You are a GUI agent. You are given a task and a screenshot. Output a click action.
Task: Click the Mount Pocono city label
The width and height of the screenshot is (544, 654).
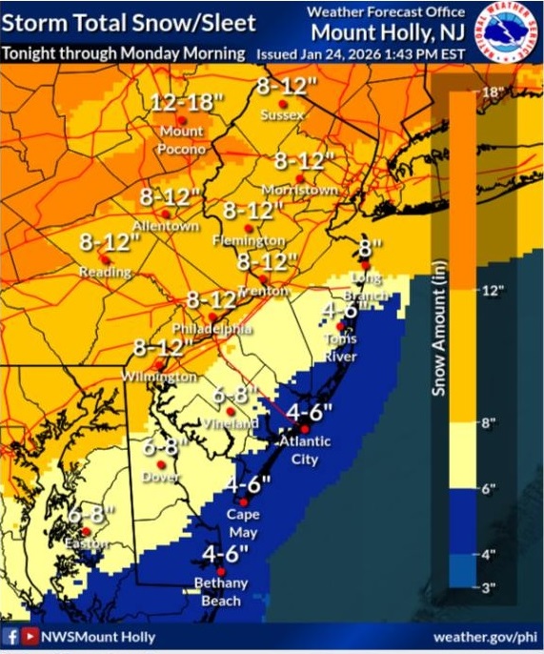click(183, 139)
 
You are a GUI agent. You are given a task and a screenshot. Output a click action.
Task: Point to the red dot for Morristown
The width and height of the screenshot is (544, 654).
click(299, 178)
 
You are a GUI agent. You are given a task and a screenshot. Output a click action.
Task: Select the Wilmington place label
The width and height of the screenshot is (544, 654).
click(159, 378)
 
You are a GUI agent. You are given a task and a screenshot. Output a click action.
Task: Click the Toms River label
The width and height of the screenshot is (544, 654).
click(340, 347)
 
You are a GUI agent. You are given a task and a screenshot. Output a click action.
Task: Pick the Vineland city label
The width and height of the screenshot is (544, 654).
click(230, 423)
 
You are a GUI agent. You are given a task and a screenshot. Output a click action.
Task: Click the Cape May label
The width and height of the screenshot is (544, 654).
click(242, 521)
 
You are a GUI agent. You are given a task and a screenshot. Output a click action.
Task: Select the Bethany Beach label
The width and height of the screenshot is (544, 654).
click(220, 591)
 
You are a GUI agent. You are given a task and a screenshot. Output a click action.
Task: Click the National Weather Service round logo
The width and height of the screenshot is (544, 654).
click(506, 35)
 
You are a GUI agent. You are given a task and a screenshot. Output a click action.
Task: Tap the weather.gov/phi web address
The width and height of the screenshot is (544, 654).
click(484, 637)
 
